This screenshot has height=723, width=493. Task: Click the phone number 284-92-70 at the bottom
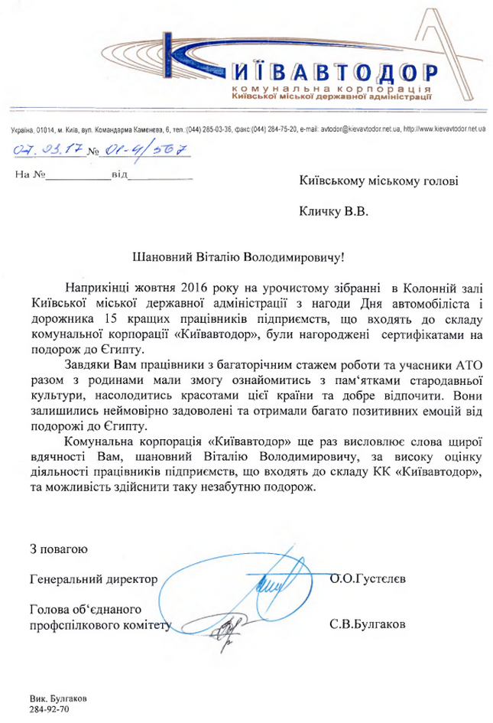pyautogui.click(x=48, y=711)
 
